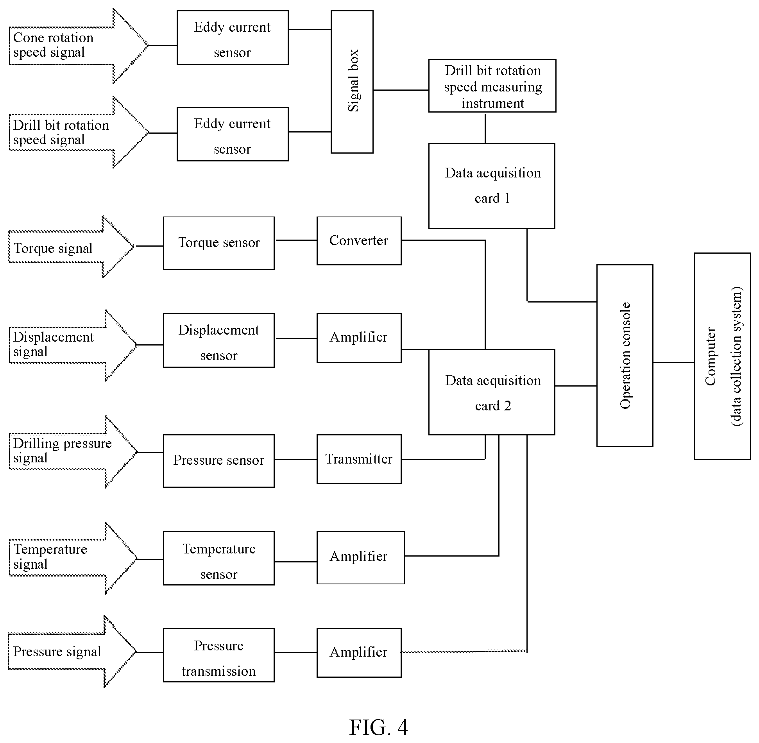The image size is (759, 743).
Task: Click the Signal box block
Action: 352,82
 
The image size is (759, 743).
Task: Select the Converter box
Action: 359,241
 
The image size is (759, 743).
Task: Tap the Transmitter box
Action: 359,459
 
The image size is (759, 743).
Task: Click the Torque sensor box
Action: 218,243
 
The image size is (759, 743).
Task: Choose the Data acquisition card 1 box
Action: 492,186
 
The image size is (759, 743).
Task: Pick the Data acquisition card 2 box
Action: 492,392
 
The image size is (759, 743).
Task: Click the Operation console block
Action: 625,356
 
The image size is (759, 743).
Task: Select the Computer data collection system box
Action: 722,356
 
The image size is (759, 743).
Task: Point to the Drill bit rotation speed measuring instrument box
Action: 492,86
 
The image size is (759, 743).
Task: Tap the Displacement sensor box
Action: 218,340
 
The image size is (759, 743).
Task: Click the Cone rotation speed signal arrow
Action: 79,46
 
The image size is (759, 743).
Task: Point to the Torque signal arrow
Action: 71,247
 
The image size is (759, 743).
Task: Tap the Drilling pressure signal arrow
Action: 73,452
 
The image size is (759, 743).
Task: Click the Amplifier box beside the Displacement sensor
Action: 359,338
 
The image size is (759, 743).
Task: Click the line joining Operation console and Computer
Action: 673,363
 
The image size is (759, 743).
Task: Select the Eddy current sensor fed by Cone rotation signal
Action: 233,38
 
